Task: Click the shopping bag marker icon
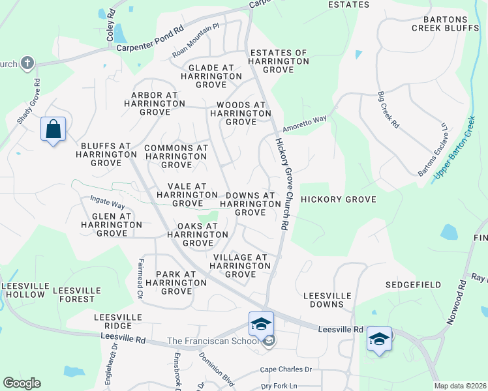point(53,129)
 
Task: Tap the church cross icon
point(27,63)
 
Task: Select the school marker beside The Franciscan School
point(261,324)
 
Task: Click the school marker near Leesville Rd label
point(379,339)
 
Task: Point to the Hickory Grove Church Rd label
point(282,184)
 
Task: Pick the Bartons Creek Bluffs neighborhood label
point(446,23)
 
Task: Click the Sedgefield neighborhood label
point(413,285)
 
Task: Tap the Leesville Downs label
point(328,300)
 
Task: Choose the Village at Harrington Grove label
point(240,266)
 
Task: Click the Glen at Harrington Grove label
point(111,224)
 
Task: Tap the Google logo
point(22,383)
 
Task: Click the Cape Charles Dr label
point(286,369)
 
